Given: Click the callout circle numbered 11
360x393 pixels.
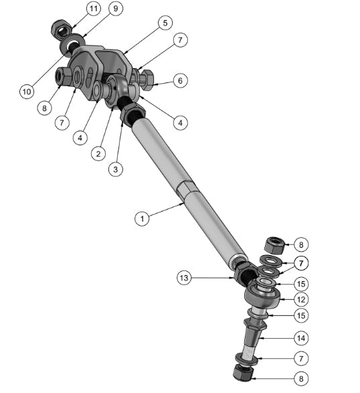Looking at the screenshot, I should coord(93,9).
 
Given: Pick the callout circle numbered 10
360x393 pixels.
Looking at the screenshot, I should coord(26,90).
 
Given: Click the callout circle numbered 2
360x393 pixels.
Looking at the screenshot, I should coord(98,153).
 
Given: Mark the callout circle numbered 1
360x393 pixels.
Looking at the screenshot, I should coord(141,218).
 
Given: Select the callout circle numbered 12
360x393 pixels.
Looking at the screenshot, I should coord(301,299).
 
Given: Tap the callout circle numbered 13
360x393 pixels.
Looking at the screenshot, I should coord(185,277).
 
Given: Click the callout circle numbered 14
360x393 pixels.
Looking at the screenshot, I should coord(301,337).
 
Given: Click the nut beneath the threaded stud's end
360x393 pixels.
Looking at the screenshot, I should coord(242,372).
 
